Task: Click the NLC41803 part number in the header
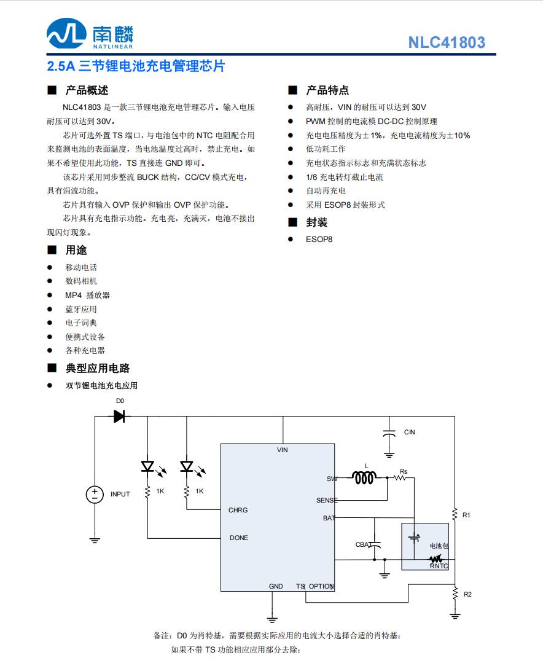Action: (447, 42)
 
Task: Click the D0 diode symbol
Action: (119, 417)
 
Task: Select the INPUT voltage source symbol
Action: (95, 494)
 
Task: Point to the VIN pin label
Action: (282, 450)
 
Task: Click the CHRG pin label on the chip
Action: (238, 510)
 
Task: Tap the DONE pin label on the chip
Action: (239, 538)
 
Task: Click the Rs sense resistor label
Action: (404, 471)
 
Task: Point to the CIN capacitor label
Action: (409, 432)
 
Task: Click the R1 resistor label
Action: (466, 515)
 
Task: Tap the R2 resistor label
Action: (467, 594)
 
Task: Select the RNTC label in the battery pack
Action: (439, 566)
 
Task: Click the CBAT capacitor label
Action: (363, 545)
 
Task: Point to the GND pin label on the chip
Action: (276, 586)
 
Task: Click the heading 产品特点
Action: (327, 90)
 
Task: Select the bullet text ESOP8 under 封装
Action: (319, 239)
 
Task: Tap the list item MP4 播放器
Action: (87, 295)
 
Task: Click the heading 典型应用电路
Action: (98, 368)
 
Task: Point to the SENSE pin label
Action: (327, 500)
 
